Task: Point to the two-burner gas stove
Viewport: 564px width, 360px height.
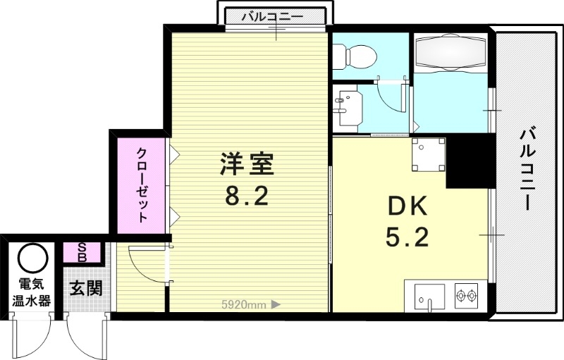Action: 466,295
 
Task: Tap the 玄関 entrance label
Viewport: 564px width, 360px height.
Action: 86,289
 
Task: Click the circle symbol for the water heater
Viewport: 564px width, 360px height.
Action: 32,259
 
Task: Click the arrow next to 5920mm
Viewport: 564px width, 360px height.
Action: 276,304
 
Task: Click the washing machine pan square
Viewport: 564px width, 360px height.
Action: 427,155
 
